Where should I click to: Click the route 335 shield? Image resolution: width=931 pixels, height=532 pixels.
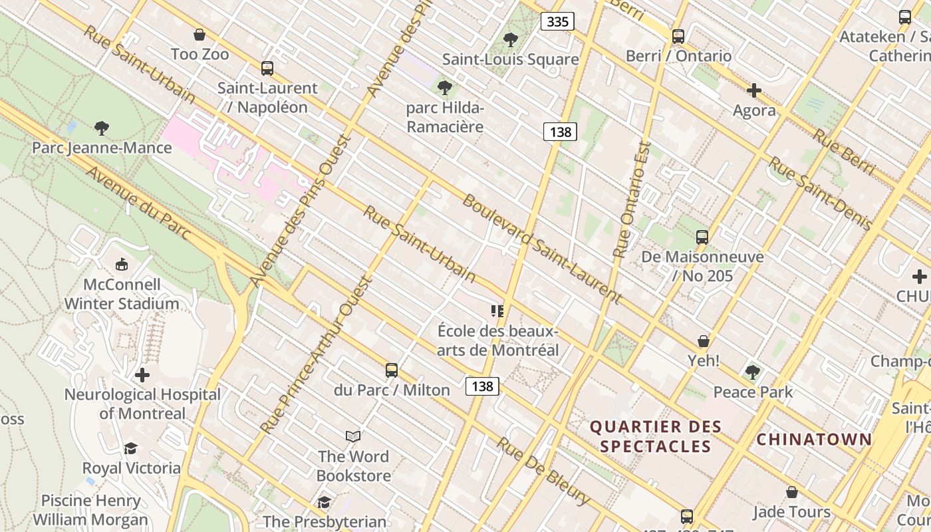(x=557, y=21)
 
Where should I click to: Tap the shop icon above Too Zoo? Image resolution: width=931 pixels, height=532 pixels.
(x=199, y=35)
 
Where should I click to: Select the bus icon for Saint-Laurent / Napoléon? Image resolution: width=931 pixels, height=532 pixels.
(x=267, y=68)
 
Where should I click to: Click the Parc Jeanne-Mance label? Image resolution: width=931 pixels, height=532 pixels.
(x=102, y=148)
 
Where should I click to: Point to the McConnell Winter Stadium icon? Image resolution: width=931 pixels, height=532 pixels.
(x=122, y=265)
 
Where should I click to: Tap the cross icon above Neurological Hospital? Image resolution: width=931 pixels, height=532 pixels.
(x=142, y=375)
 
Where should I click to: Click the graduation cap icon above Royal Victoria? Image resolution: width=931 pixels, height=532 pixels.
(x=130, y=448)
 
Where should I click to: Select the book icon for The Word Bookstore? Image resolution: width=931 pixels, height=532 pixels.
(x=353, y=436)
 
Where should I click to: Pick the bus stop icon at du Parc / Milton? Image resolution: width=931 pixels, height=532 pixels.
(x=392, y=370)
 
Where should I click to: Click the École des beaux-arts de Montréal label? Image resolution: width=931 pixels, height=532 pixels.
(x=498, y=340)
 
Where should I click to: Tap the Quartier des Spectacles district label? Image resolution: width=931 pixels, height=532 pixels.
(x=656, y=436)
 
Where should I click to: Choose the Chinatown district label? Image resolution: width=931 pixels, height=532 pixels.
(x=814, y=439)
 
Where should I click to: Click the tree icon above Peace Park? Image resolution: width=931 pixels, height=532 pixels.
(x=753, y=372)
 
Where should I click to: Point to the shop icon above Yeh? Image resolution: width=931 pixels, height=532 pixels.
(x=704, y=341)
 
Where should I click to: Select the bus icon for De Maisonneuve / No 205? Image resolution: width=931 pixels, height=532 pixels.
(x=702, y=237)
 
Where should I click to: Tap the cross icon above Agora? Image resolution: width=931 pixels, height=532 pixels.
(x=754, y=90)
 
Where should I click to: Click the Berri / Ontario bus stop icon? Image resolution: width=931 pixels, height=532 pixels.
(x=678, y=36)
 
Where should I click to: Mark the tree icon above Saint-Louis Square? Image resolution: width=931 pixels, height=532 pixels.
(x=511, y=39)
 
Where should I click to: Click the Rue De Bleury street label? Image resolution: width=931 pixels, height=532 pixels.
(x=543, y=471)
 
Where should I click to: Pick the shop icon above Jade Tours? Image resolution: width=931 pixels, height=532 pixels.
(x=792, y=492)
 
